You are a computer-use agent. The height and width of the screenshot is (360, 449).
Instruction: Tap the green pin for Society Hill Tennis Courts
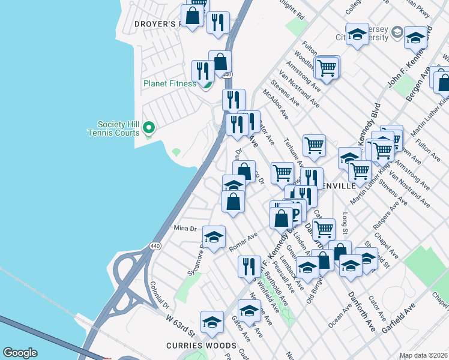coord(149,128)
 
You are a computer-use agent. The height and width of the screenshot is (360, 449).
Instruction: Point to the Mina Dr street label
coord(185,229)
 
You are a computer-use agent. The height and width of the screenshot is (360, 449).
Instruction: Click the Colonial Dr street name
coord(161,296)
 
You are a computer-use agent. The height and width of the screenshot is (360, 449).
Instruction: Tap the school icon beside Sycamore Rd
coord(214,238)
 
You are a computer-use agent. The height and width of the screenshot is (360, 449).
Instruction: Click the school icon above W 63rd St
coord(211,323)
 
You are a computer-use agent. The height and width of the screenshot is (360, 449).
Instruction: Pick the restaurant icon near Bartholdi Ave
coord(249,267)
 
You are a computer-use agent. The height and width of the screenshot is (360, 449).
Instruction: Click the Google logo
coord(20,353)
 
